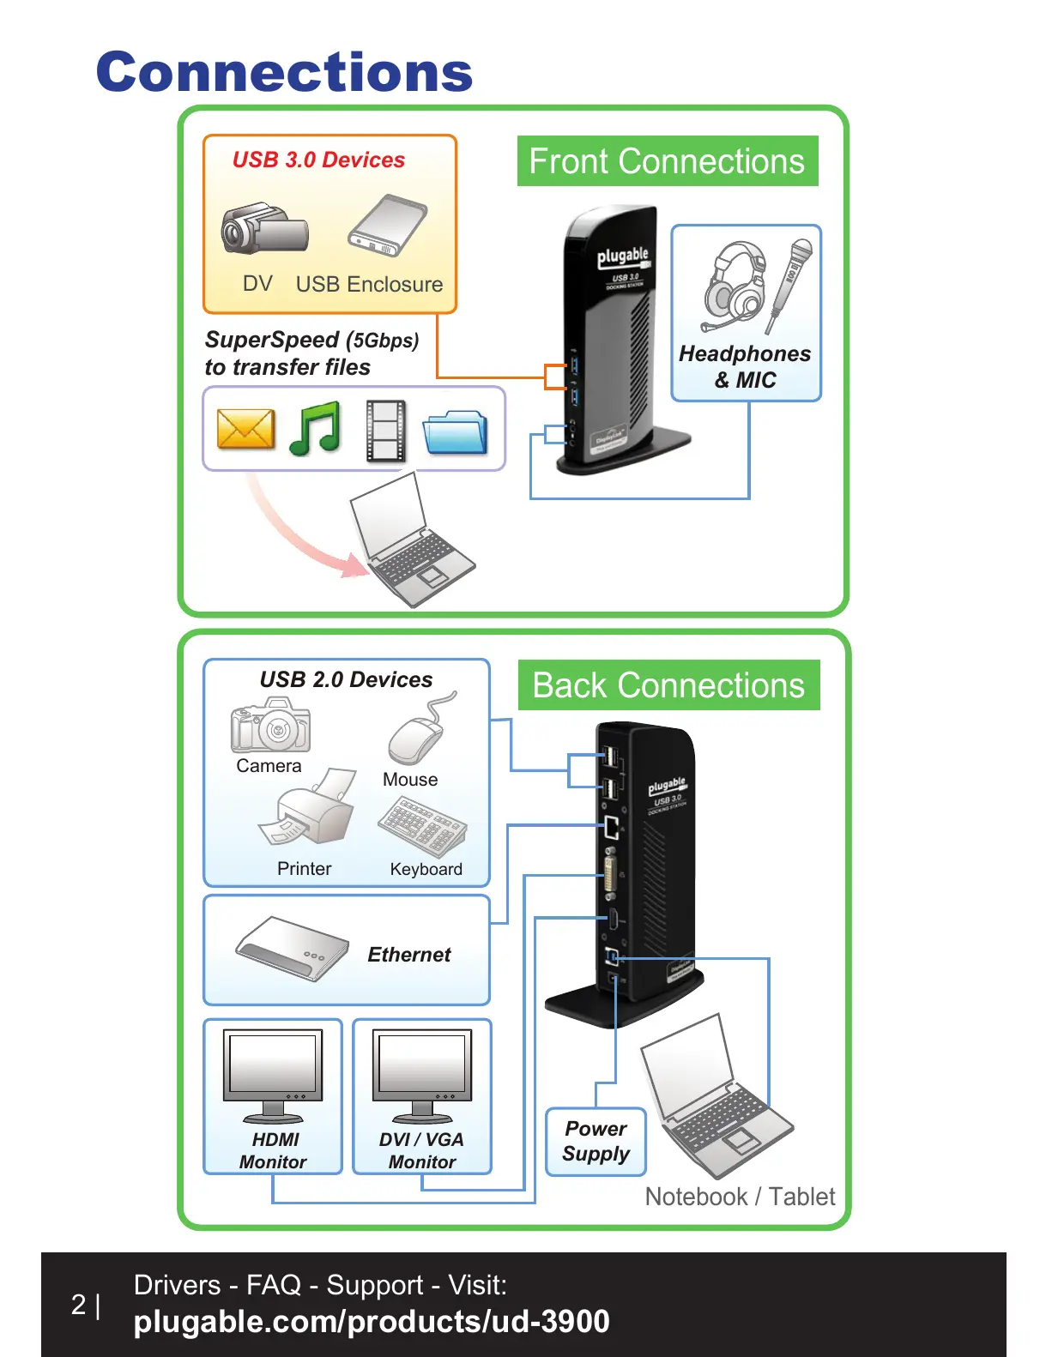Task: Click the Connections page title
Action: pos(284,72)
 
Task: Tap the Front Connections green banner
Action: pos(667,161)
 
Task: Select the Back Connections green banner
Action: pos(668,685)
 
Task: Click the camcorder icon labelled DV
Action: pos(263,230)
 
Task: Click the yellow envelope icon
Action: pos(245,429)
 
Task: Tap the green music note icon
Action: pos(315,429)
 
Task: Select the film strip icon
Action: pos(385,430)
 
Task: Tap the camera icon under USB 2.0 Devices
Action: pos(270,726)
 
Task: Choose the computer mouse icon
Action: pos(417,735)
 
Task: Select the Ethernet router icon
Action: pos(291,949)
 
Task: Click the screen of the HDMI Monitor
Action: pos(273,1063)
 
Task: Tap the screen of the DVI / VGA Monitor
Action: pos(422,1063)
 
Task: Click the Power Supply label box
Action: pos(596,1141)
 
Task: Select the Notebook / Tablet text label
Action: pos(740,1197)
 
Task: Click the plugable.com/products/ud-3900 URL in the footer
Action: pos(372,1322)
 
